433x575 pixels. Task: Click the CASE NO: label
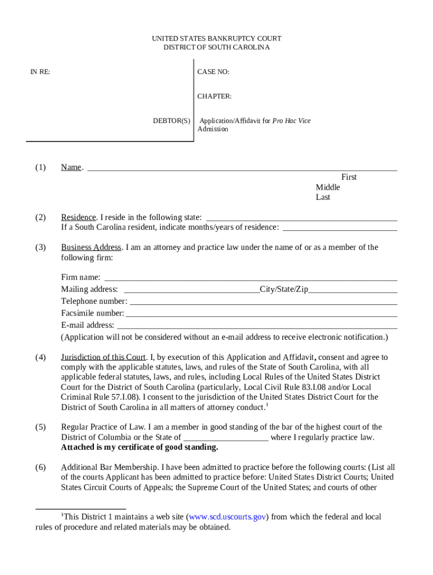click(213, 72)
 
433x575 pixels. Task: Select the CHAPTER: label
click(214, 97)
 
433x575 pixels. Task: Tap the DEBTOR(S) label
click(172, 121)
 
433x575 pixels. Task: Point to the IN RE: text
click(40, 72)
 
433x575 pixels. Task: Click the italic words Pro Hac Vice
click(291, 121)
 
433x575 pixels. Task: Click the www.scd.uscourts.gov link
click(228, 517)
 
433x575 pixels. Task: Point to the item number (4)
click(40, 357)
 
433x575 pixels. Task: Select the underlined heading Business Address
click(91, 248)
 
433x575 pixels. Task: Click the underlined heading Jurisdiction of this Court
click(103, 357)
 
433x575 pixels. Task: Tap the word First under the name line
click(349, 177)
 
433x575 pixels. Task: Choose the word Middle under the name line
click(328, 187)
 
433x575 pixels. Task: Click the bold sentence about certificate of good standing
click(139, 448)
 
